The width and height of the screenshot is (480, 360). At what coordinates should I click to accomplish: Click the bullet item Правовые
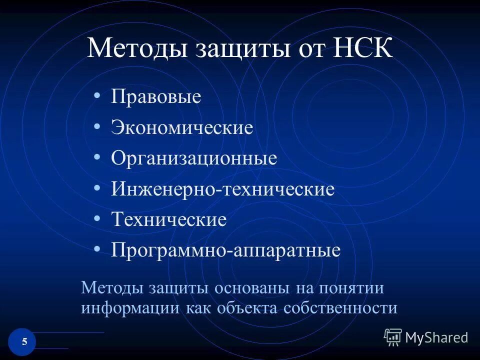[x=156, y=96]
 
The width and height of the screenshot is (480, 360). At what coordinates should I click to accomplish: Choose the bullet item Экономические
[x=182, y=127]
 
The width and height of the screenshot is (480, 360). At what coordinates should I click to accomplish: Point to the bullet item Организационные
[x=194, y=158]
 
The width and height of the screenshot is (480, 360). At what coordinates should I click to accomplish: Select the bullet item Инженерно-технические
[x=223, y=189]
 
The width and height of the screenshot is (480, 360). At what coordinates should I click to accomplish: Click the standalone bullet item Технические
[x=169, y=219]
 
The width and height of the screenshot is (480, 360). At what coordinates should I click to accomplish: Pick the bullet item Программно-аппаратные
[x=226, y=250]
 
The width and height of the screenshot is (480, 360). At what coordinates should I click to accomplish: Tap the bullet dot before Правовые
[x=96, y=94]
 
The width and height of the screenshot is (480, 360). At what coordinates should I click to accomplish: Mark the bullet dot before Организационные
[x=96, y=156]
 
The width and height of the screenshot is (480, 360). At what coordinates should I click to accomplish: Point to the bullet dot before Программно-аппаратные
[x=96, y=248]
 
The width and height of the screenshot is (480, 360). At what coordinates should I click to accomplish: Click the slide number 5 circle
[x=22, y=342]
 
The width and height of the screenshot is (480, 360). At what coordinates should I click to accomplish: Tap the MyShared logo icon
[x=393, y=337]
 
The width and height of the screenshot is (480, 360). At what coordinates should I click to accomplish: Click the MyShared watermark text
[x=436, y=337]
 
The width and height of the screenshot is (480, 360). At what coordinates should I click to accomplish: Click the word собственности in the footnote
[x=340, y=307]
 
